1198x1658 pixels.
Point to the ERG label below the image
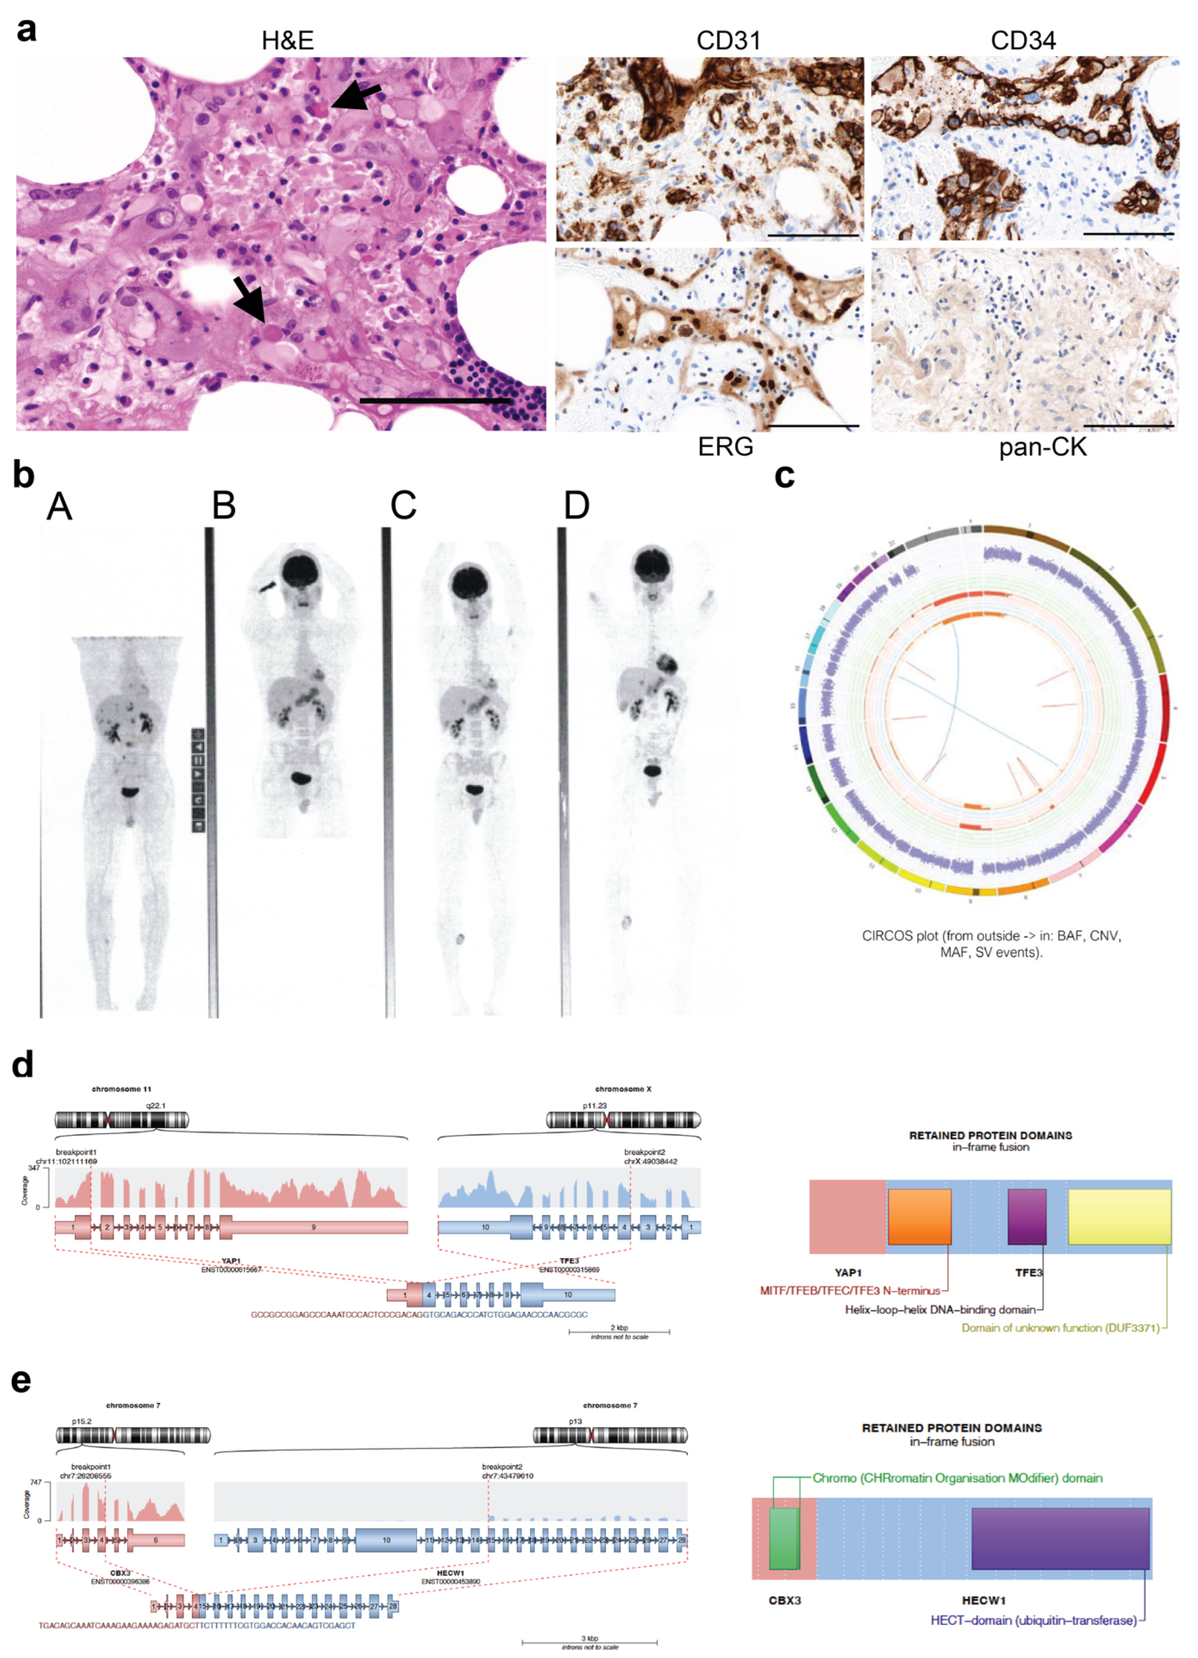coord(725,446)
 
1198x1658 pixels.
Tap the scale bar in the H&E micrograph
coord(435,401)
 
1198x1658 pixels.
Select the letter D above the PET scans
coord(576,505)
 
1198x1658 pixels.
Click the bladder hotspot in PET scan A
coord(130,791)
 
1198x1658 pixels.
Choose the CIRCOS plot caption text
coord(991,943)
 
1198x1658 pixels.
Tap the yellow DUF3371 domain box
coord(1118,1216)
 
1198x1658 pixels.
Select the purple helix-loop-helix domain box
coord(1026,1216)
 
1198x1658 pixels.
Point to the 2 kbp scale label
coord(619,1327)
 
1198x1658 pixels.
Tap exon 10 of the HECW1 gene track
coord(386,1540)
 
